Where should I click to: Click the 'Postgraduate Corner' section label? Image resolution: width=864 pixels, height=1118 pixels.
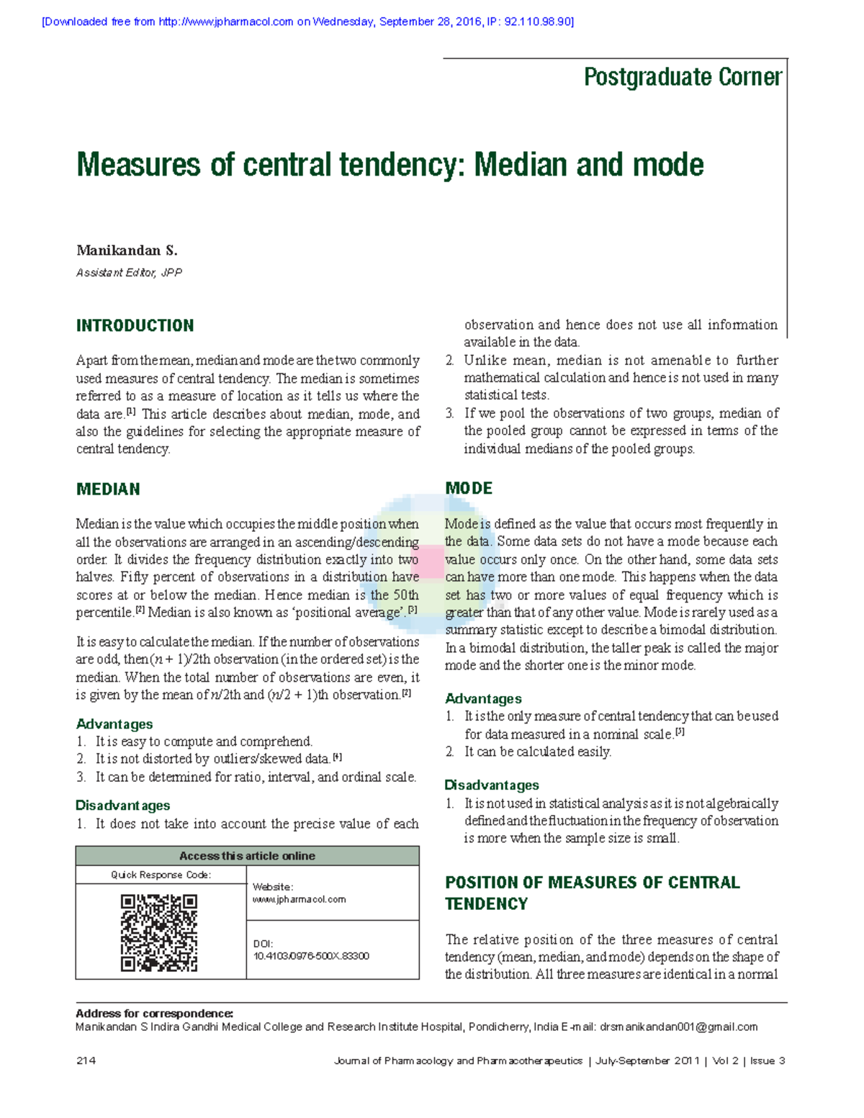click(682, 77)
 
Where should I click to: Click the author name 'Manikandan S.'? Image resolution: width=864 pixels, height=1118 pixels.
click(127, 251)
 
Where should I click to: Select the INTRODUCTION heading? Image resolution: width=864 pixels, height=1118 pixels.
click(135, 325)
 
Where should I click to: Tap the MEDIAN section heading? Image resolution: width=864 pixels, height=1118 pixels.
click(108, 490)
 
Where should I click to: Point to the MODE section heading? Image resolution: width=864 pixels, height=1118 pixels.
click(469, 488)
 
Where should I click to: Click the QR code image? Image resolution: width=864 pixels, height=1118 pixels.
click(159, 933)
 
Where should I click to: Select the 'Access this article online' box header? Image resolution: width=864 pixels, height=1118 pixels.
click(247, 856)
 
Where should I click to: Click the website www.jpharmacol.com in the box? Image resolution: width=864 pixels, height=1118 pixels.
click(299, 899)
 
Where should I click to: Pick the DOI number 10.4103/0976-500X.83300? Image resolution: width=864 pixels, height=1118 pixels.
click(311, 956)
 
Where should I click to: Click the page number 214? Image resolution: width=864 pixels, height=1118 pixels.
click(86, 1060)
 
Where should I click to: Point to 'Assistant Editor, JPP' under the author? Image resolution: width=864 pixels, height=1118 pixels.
click(129, 273)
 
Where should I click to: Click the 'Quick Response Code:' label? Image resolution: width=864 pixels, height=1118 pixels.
click(161, 875)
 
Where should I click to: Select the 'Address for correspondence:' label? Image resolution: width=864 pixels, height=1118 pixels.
click(154, 1014)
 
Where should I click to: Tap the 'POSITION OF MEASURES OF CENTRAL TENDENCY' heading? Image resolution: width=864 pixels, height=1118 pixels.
click(592, 893)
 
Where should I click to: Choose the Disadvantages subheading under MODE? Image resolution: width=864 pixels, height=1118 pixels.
click(492, 785)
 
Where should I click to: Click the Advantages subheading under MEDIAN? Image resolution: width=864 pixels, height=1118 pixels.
click(114, 723)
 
